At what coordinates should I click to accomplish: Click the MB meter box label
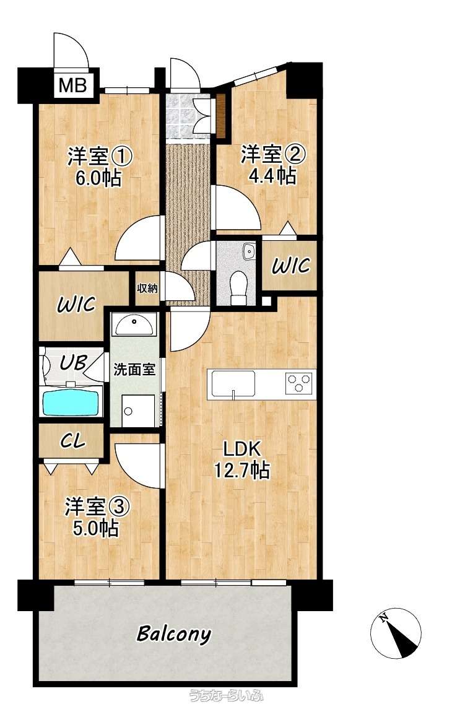74,85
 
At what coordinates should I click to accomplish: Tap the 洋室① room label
100,157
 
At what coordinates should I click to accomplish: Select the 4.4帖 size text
272,176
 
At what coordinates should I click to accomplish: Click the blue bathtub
72,401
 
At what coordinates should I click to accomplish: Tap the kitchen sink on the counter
233,384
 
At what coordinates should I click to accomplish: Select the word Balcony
175,634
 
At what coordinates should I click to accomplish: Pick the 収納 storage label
147,288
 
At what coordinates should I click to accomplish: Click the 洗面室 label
134,370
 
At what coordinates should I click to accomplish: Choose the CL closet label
73,441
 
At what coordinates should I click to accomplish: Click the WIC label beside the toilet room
290,266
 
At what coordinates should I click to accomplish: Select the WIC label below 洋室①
76,304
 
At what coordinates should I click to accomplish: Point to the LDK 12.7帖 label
242,459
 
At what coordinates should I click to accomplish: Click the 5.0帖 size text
96,528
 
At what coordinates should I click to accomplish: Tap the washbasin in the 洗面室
134,324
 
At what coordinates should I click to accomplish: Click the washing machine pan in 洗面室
137,411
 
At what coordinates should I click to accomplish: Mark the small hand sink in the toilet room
249,251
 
